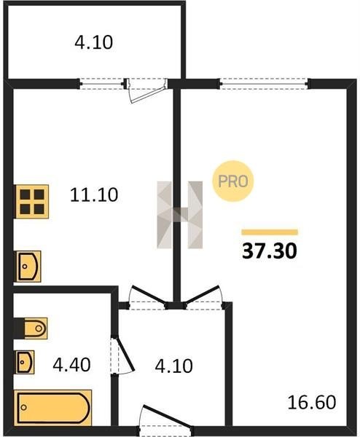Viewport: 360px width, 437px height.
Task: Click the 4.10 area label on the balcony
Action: pos(94,43)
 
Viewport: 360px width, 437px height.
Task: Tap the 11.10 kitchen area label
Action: pos(94,194)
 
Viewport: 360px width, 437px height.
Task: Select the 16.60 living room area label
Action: pos(312,403)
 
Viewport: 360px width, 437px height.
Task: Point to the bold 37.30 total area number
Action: pos(270,251)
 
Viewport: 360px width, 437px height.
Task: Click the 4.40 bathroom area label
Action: pos(71,365)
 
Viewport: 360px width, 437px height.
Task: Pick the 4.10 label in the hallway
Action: pos(173,366)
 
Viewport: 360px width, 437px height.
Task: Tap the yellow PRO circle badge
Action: pos(233,181)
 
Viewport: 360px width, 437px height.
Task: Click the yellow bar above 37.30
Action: pos(270,232)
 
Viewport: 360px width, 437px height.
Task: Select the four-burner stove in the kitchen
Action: pos(31,201)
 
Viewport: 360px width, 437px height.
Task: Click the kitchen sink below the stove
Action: pos(28,266)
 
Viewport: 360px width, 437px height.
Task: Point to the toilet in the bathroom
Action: pos(31,328)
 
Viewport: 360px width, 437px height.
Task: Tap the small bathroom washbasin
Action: pos(25,362)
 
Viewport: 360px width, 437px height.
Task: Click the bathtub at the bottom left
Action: pos(53,407)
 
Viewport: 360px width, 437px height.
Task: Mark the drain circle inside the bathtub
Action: pos(24,407)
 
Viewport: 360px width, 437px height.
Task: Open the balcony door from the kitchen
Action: pos(146,90)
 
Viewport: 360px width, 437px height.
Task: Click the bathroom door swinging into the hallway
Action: pos(122,355)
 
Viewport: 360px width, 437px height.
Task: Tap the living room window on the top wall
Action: pos(264,84)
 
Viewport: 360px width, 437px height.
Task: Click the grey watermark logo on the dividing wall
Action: pos(180,215)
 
